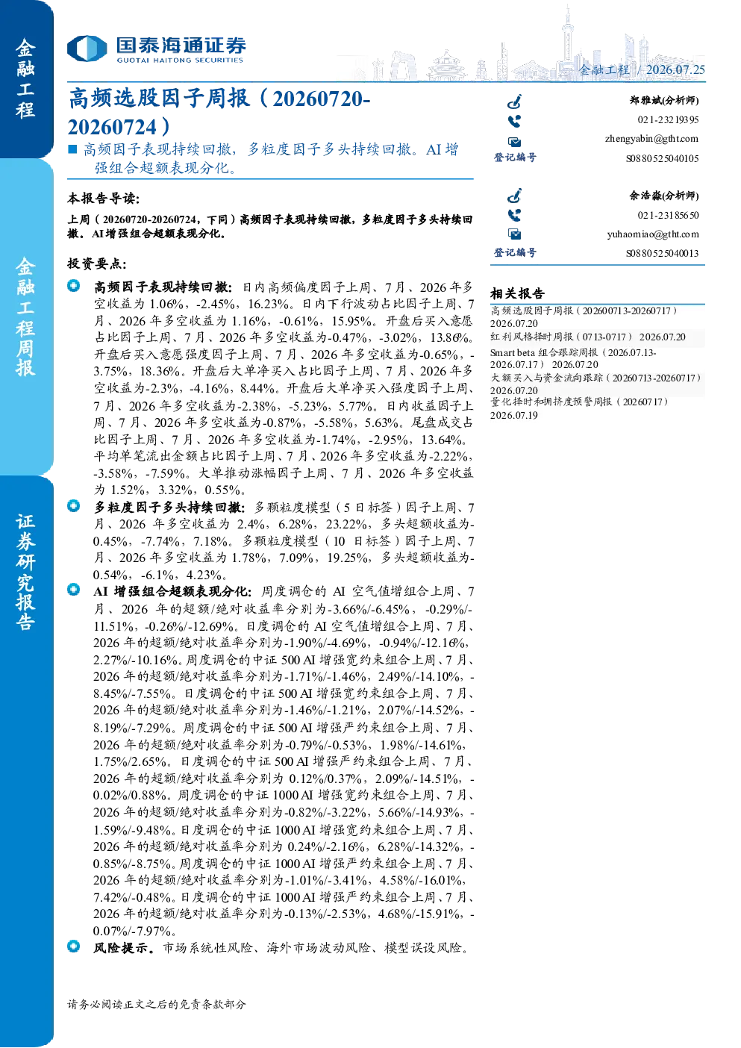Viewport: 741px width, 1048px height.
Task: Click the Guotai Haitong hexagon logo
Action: (x=87, y=48)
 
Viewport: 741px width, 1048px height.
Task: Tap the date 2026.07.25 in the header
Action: (x=675, y=69)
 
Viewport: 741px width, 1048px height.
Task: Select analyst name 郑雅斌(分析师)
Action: (x=664, y=100)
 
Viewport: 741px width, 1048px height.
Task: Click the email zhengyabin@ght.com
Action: (x=651, y=139)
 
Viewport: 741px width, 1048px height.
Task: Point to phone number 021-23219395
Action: (x=668, y=119)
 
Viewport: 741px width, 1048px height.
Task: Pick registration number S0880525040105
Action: (x=662, y=158)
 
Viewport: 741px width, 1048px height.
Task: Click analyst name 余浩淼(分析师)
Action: (x=664, y=196)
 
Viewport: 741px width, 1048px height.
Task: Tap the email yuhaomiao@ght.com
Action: (x=653, y=234)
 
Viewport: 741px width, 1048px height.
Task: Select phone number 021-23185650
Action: (x=668, y=215)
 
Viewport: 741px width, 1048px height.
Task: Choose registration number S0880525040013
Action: (x=662, y=254)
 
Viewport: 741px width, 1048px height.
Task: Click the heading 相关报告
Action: (x=517, y=293)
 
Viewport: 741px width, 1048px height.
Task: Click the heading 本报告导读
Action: (x=103, y=199)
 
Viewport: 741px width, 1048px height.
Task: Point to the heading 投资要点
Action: (x=96, y=263)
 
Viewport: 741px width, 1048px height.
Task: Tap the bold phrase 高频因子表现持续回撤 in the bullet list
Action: (x=163, y=287)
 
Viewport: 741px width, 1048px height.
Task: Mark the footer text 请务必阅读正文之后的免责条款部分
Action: (x=156, y=1004)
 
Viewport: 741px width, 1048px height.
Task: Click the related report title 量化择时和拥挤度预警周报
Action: (x=551, y=402)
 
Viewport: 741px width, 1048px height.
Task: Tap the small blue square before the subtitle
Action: (x=72, y=149)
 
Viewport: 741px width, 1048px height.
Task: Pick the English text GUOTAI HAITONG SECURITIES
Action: (x=180, y=60)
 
